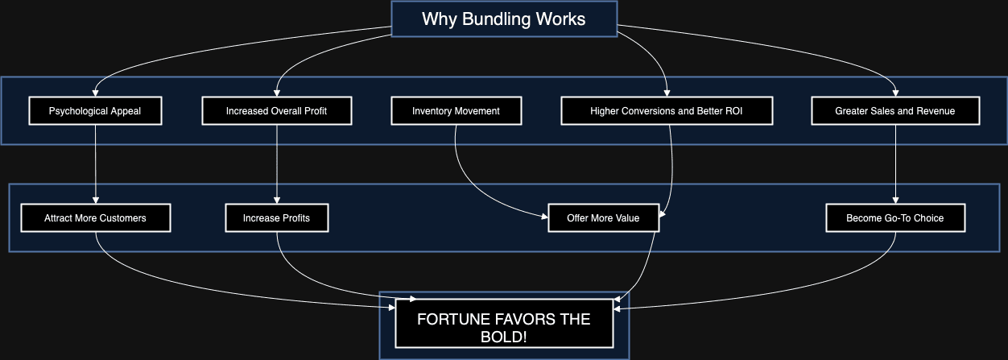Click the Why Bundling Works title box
tap(503, 19)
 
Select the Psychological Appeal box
tap(95, 111)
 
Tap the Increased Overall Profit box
tap(276, 111)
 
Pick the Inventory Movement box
tap(456, 111)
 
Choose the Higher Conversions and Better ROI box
tap(666, 111)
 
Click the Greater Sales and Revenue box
tap(895, 111)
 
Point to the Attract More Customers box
tap(95, 217)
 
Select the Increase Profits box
tap(276, 217)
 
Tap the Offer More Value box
tap(603, 217)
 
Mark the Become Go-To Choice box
tap(895, 217)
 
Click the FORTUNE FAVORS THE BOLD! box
tap(504, 326)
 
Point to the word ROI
tap(732, 111)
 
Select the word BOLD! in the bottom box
tap(504, 336)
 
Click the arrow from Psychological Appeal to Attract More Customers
tap(95, 161)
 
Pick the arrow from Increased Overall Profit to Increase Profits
tap(276, 161)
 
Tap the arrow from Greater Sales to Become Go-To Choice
tap(895, 161)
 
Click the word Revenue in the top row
tap(936, 111)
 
